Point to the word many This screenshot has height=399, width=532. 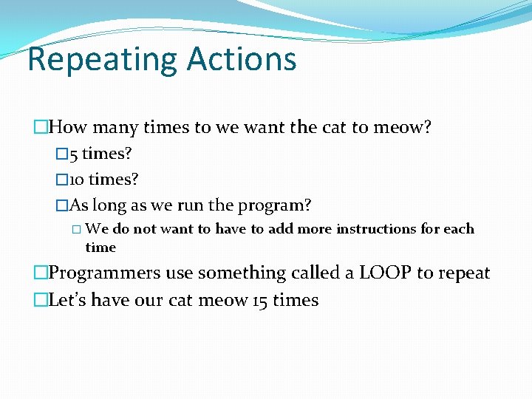tap(115, 127)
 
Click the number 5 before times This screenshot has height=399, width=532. tap(73, 154)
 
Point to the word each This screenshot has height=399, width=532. tap(458, 229)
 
